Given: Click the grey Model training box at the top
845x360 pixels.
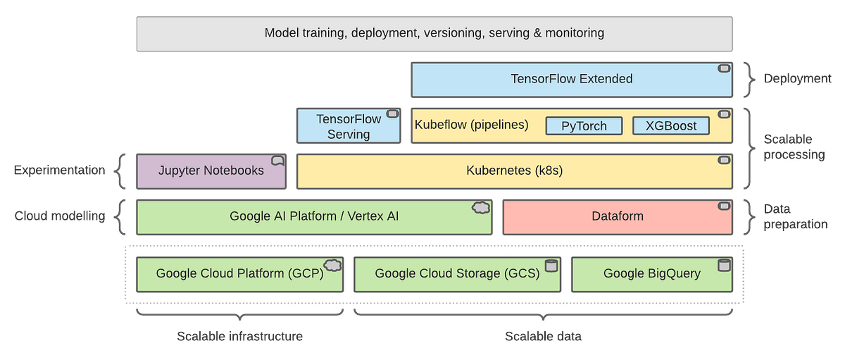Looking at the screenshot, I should tap(434, 33).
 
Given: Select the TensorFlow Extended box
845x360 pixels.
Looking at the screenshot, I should tap(571, 79).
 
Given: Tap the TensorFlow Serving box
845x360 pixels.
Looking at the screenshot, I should tap(348, 126).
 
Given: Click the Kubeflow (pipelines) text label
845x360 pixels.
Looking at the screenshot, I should tap(472, 125).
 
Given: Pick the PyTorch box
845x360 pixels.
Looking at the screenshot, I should tap(585, 126).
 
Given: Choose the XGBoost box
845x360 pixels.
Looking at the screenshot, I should tap(671, 126).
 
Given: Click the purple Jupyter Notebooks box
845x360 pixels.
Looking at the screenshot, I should tap(211, 171).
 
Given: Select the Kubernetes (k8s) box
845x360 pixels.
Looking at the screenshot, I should tap(515, 171).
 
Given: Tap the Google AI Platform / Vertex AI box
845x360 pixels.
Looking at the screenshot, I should tap(313, 216).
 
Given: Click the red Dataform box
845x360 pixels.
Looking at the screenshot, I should tap(617, 216).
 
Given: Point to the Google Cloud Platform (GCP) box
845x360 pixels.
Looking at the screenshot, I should tap(239, 274).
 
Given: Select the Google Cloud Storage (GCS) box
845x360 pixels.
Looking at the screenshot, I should tap(457, 274).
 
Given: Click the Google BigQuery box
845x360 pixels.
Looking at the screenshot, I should tap(651, 274).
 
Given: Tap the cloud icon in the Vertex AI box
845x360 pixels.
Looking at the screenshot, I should tap(480, 208).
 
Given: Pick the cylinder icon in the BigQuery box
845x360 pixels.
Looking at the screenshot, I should tap(722, 266).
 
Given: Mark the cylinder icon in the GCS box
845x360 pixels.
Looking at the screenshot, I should tap(551, 266).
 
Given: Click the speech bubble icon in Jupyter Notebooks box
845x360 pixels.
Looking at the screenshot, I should tap(277, 161).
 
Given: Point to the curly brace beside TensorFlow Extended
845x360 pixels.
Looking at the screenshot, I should tap(749, 79).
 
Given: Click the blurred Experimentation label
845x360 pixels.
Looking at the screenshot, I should tap(60, 171).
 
